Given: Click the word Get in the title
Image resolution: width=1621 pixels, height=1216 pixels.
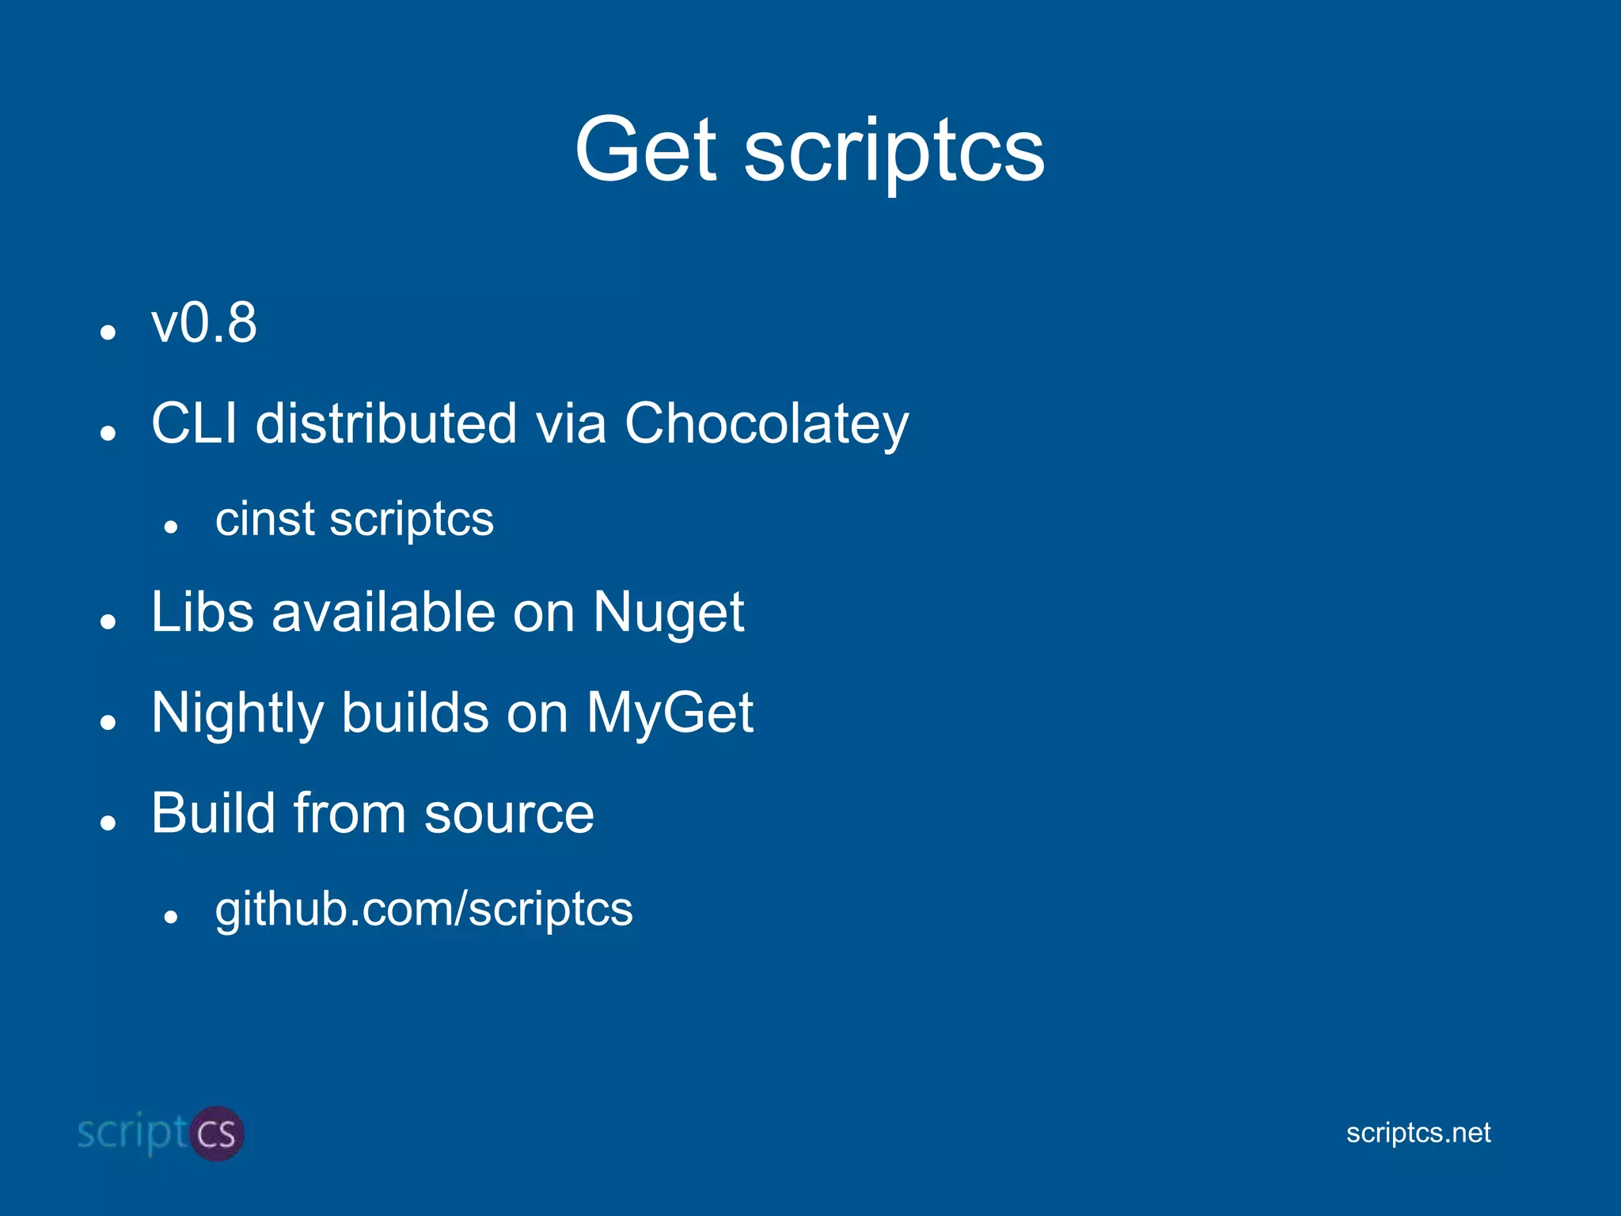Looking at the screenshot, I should [645, 149].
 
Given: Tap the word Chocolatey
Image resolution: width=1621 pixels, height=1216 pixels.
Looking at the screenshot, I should [766, 424].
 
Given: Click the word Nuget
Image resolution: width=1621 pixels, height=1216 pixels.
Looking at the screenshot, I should [668, 613].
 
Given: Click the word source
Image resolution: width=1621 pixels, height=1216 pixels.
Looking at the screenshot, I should [509, 815].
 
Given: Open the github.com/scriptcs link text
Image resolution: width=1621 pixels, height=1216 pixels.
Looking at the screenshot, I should [423, 909].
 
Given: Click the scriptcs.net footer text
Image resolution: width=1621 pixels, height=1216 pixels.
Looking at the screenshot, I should [1418, 1133].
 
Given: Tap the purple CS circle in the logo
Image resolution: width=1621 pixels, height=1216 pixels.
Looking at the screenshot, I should [215, 1134].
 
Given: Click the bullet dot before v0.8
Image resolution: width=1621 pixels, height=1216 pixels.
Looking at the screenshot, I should [108, 332].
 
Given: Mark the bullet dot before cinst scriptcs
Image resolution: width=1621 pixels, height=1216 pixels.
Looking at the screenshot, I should [170, 526].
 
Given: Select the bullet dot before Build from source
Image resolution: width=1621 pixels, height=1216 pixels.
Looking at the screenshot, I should [108, 823].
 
